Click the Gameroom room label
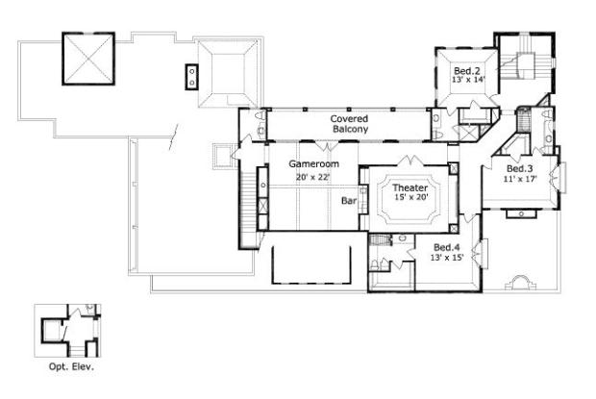coord(313,164)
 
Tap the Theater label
coord(410,187)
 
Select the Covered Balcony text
coord(350,124)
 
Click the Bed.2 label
coord(467,71)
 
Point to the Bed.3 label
coord(520,168)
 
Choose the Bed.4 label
coord(447,247)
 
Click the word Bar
coord(349,201)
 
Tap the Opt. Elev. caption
coord(71,367)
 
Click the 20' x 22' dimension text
coord(312,177)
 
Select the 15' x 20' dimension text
coord(411,197)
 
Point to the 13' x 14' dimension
coord(469,80)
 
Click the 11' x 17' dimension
coord(520,179)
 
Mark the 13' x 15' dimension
coord(447,258)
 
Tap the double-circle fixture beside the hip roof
coord(192,77)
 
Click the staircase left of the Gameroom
coord(248,209)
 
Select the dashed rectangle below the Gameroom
coord(311,264)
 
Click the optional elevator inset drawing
coord(67,331)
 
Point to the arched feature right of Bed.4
coord(521,283)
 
